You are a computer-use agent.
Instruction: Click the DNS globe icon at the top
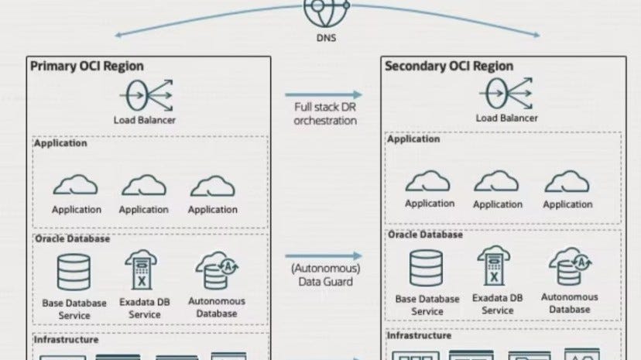pyautogui.click(x=320, y=9)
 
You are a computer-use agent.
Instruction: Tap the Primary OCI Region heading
pyautogui.click(x=87, y=66)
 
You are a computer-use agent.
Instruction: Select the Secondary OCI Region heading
pyautogui.click(x=448, y=66)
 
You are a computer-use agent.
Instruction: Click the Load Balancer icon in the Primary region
pyautogui.click(x=145, y=96)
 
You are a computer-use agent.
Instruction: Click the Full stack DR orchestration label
pyautogui.click(x=325, y=114)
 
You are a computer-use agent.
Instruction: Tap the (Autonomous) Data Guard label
pyautogui.click(x=325, y=275)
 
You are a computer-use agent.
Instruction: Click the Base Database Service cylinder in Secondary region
pyautogui.click(x=427, y=268)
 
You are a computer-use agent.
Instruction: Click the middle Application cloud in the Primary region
pyautogui.click(x=143, y=186)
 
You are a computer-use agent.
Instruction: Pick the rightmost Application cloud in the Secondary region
pyautogui.click(x=567, y=181)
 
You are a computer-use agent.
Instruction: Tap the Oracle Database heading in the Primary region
pyautogui.click(x=72, y=239)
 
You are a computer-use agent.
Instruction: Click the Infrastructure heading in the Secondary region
pyautogui.click(x=419, y=336)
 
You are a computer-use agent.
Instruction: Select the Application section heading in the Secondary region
pyautogui.click(x=414, y=139)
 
